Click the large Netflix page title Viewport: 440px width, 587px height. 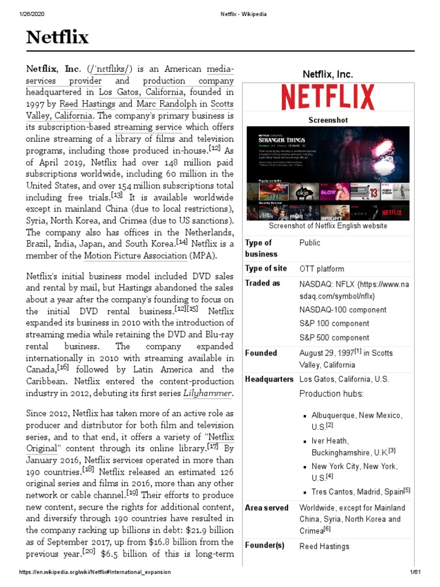point(57,38)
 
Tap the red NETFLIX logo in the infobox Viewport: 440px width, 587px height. point(328,97)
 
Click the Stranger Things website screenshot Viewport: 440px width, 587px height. point(328,173)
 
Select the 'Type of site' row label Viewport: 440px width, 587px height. point(266,268)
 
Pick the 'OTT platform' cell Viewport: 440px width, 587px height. point(321,268)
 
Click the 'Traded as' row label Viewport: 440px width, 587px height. point(262,283)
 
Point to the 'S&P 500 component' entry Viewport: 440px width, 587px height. point(334,338)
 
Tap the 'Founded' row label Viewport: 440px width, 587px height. point(261,353)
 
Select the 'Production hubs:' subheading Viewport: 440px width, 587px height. point(331,394)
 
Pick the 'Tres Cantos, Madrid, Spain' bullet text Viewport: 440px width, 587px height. point(357,491)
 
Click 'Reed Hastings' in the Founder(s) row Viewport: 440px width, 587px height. point(324,546)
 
